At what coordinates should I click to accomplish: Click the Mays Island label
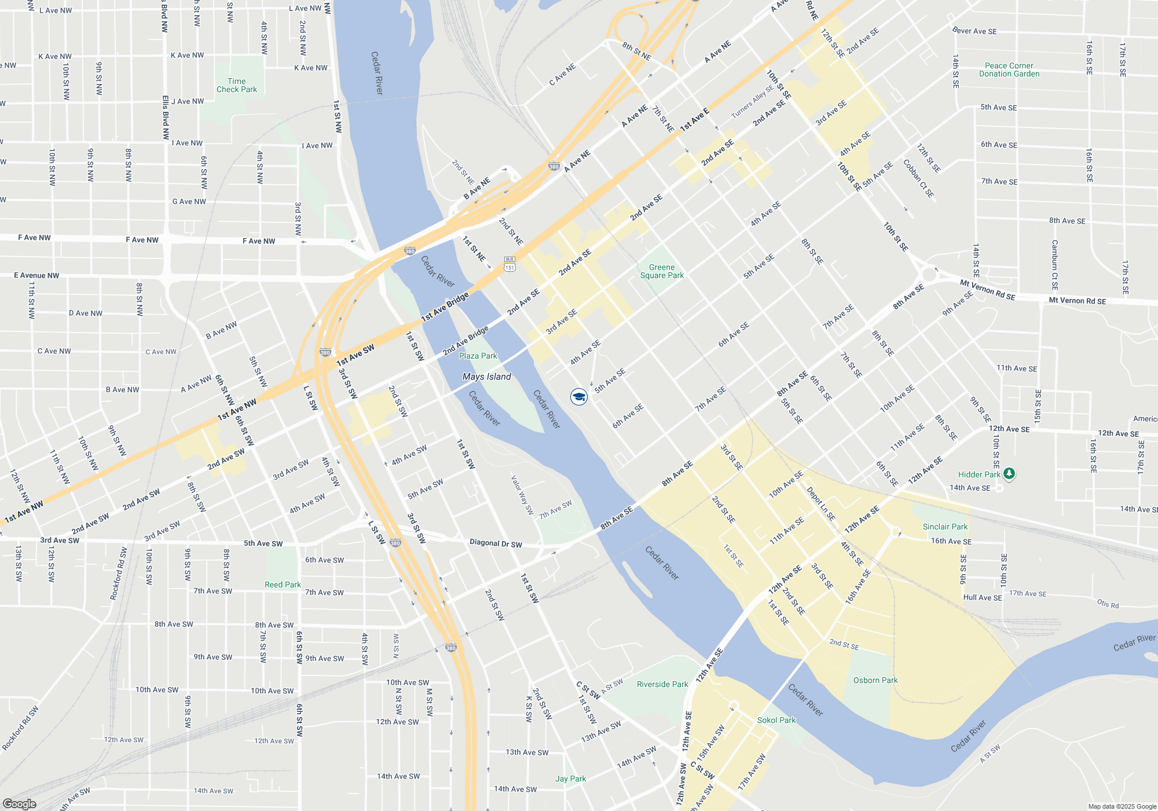point(486,377)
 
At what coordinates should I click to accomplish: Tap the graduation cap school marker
point(579,397)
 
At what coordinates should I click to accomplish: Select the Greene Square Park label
point(662,271)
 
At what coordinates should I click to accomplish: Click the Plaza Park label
point(478,356)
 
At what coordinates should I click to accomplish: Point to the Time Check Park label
point(237,85)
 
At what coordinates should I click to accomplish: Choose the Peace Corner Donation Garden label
point(1009,70)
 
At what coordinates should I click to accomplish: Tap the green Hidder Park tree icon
point(1009,474)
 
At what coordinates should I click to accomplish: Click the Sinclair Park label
point(945,527)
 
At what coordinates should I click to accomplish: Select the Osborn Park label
point(875,680)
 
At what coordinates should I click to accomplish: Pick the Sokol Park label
point(776,720)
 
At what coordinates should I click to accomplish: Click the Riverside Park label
point(662,684)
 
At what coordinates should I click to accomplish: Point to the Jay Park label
point(570,779)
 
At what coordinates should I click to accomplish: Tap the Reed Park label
point(283,584)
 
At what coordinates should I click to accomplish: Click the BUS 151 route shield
point(510,264)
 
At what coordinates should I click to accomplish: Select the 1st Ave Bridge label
point(445,307)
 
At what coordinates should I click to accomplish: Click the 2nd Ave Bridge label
point(466,341)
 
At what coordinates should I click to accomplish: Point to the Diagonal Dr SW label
point(496,543)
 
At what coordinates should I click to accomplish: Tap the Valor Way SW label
point(522,495)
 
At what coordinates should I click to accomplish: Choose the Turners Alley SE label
point(752,102)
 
